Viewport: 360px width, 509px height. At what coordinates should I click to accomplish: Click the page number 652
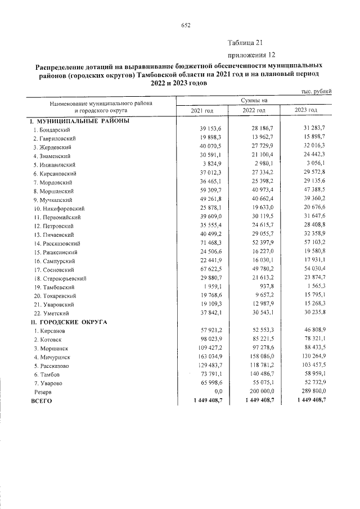click(x=186, y=25)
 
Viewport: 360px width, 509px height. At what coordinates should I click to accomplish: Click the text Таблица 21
click(x=245, y=43)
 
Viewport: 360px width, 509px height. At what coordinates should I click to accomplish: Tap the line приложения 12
click(x=251, y=55)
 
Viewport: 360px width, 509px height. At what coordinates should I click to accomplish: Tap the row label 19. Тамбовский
click(x=55, y=287)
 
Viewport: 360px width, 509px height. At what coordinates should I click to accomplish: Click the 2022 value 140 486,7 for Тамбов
click(x=260, y=373)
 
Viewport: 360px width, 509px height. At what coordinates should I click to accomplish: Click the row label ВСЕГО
click(x=41, y=400)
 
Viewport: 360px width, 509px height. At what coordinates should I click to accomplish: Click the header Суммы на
click(x=254, y=100)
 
